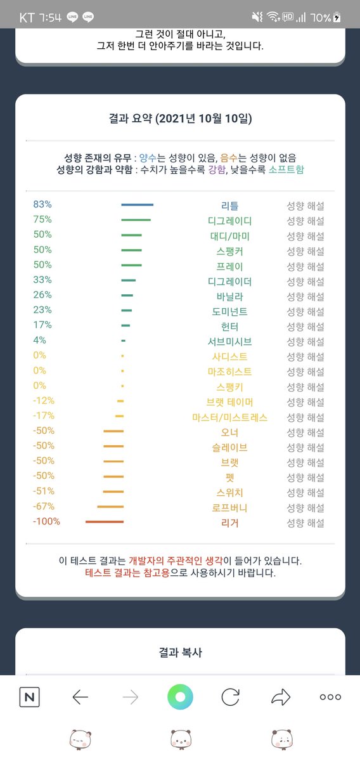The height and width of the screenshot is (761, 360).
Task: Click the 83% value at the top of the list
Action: click(42, 204)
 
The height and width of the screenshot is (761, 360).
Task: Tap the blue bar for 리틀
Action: click(137, 204)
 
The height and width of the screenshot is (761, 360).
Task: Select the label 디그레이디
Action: click(229, 221)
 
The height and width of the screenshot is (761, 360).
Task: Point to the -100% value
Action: click(46, 521)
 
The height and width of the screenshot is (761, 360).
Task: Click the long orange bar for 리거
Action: click(105, 521)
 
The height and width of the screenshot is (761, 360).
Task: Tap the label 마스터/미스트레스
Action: click(229, 417)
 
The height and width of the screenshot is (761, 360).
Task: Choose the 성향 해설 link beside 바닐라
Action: click(305, 297)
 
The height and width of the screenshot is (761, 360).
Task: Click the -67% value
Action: click(44, 506)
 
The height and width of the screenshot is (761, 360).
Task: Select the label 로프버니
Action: click(229, 507)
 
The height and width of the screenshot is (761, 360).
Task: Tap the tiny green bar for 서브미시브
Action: click(124, 341)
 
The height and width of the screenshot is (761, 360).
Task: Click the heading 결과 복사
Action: click(181, 653)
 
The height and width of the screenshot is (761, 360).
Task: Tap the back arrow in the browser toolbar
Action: click(80, 697)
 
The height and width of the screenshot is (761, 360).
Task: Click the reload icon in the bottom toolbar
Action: click(231, 697)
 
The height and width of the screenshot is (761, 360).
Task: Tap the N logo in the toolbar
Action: click(30, 697)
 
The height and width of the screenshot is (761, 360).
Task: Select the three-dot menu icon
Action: click(330, 697)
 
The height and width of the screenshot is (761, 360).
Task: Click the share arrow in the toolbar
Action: click(281, 697)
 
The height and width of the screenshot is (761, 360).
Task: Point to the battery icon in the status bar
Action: click(337, 17)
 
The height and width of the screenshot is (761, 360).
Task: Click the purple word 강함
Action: click(217, 169)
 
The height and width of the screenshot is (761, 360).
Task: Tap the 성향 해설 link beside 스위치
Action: click(305, 493)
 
